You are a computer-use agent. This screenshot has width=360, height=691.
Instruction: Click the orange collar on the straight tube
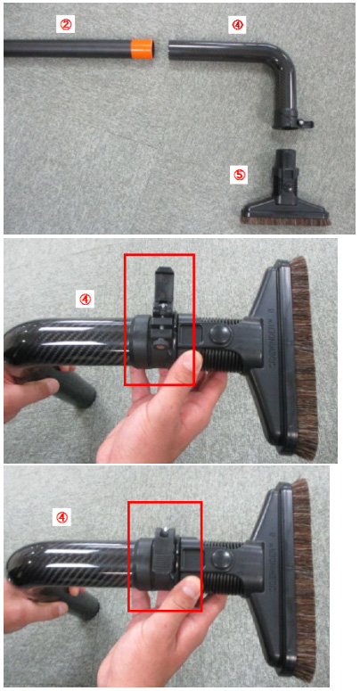coord(143,48)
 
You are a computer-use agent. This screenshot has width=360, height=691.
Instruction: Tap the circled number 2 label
coord(65,25)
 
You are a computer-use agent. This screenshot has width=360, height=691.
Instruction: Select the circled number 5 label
coord(239,175)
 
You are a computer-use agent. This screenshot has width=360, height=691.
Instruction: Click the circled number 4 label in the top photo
coord(237,25)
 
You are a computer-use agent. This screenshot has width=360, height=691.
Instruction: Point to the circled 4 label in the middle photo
coord(85,300)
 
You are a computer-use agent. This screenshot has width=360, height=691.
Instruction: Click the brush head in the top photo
coord(285,193)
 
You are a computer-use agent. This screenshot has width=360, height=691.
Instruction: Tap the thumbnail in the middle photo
coord(188,363)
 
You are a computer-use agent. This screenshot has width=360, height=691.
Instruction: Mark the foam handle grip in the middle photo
coord(73,384)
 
